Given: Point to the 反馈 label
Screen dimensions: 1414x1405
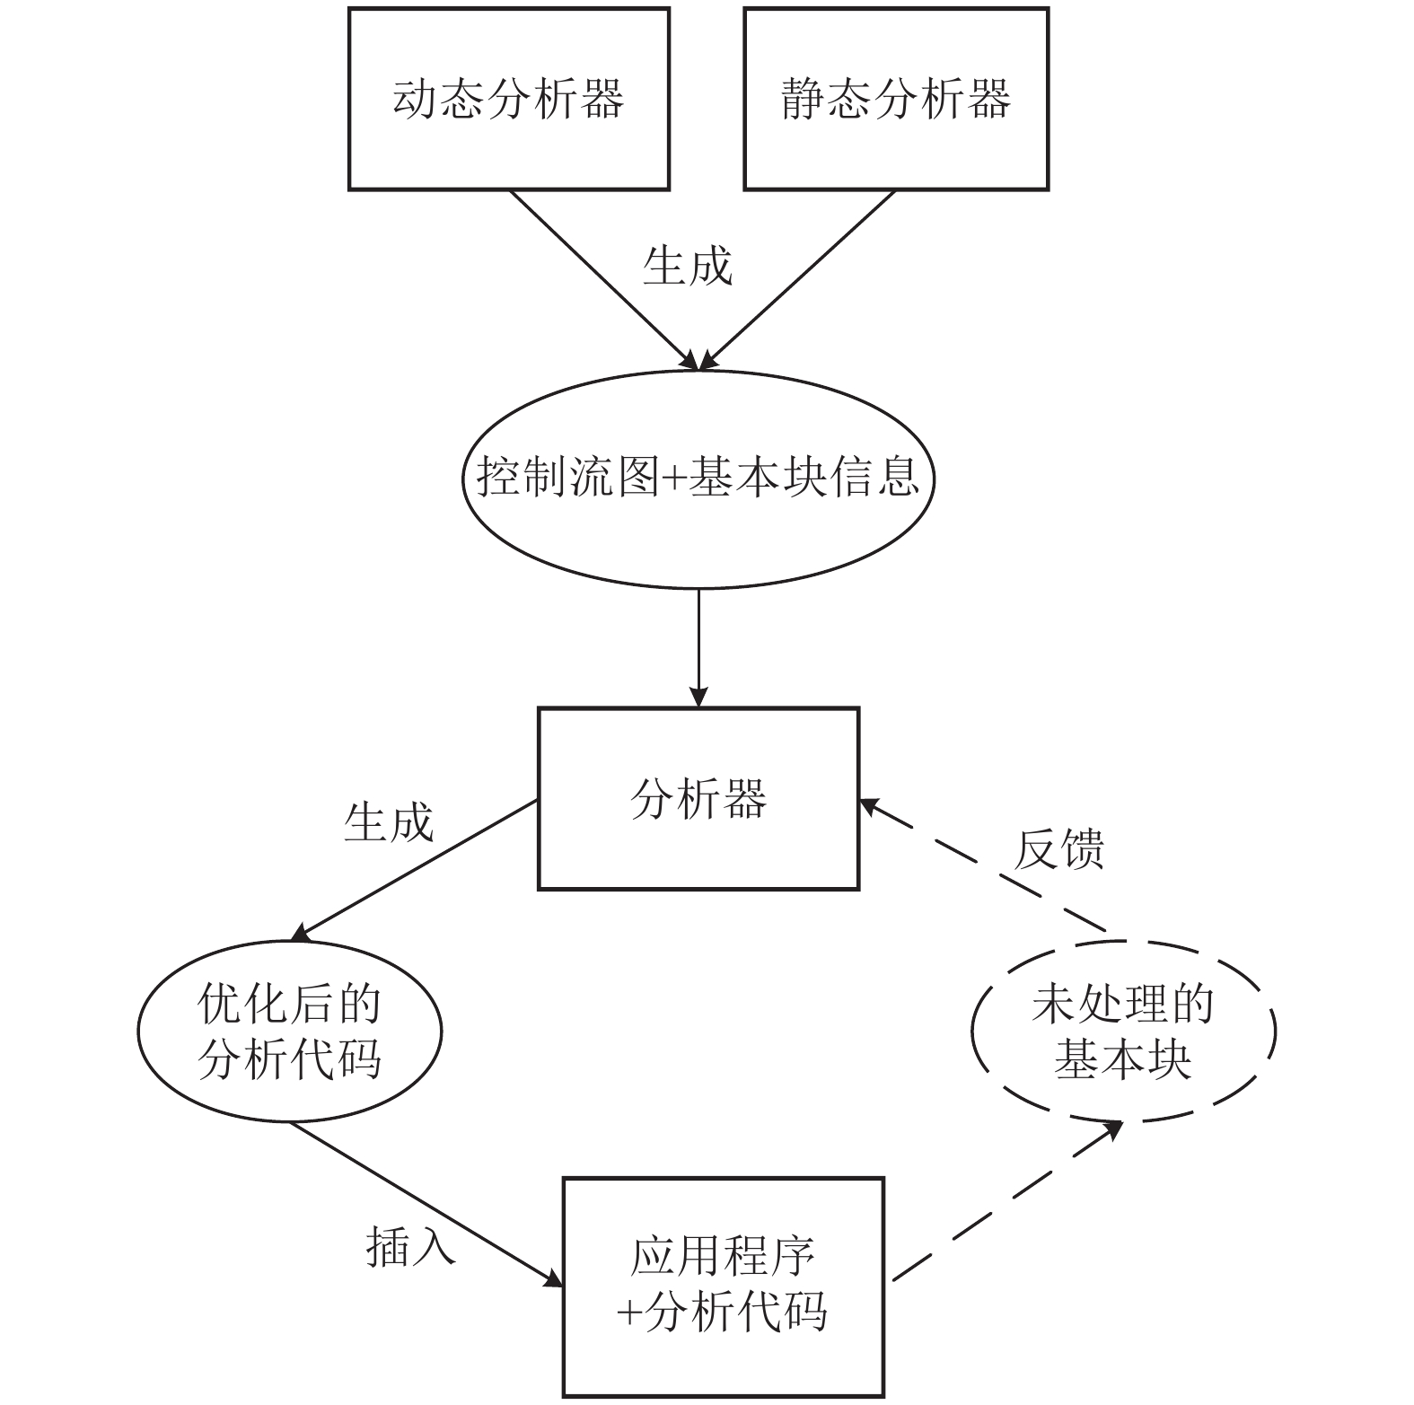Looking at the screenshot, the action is [x=1059, y=848].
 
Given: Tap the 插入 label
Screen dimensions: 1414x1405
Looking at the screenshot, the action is [x=411, y=1246].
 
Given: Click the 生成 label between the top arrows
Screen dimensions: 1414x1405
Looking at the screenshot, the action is [x=688, y=266].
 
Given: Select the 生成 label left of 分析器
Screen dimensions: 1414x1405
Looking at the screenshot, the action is [x=389, y=821].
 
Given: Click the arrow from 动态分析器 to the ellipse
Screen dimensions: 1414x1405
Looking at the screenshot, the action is [x=604, y=280].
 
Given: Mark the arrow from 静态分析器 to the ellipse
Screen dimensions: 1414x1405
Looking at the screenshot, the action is [x=797, y=280].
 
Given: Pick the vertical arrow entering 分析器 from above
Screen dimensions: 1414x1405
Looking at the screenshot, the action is [x=698, y=648].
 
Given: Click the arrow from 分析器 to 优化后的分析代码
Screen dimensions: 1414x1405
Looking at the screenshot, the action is [x=414, y=870].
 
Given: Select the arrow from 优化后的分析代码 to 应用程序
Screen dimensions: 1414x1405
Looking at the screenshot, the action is [x=426, y=1203].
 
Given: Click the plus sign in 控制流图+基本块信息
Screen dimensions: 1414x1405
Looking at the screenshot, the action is [x=673, y=479].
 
